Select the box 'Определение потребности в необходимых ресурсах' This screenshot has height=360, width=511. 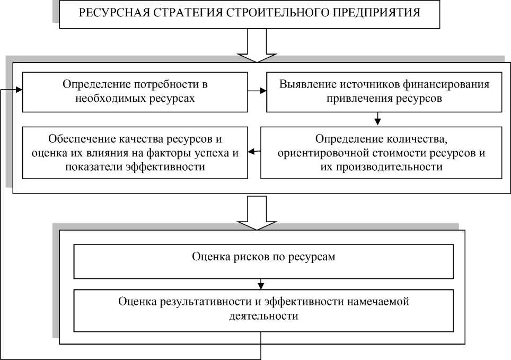pyautogui.click(x=135, y=92)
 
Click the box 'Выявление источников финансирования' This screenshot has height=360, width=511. pyautogui.click(x=384, y=92)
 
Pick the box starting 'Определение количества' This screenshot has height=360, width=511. pyautogui.click(x=381, y=152)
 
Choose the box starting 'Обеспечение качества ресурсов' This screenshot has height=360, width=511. pyautogui.click(x=135, y=152)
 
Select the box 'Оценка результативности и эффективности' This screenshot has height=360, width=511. pyautogui.click(x=263, y=309)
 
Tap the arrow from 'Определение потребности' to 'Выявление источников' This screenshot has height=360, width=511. pyautogui.click(x=257, y=91)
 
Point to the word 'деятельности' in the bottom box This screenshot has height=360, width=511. pyautogui.click(x=263, y=316)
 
